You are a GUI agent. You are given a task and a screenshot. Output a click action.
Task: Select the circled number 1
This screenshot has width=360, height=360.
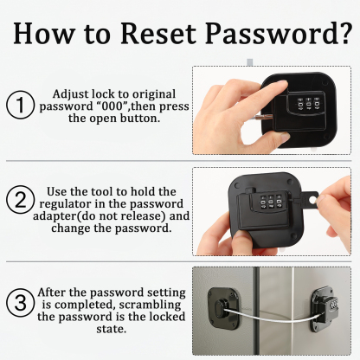point(20,105)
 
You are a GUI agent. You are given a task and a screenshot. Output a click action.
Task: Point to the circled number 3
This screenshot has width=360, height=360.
point(20,303)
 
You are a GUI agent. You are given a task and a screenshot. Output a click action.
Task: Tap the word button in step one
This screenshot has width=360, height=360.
point(144,119)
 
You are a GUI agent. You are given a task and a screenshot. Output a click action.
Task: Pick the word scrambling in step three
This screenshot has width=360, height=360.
point(150,305)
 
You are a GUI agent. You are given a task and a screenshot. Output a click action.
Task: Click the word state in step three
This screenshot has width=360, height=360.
point(112,329)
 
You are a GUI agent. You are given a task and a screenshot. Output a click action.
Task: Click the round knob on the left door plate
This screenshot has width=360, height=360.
point(221,307)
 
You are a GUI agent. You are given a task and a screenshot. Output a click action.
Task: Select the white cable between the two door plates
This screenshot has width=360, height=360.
point(270,314)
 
